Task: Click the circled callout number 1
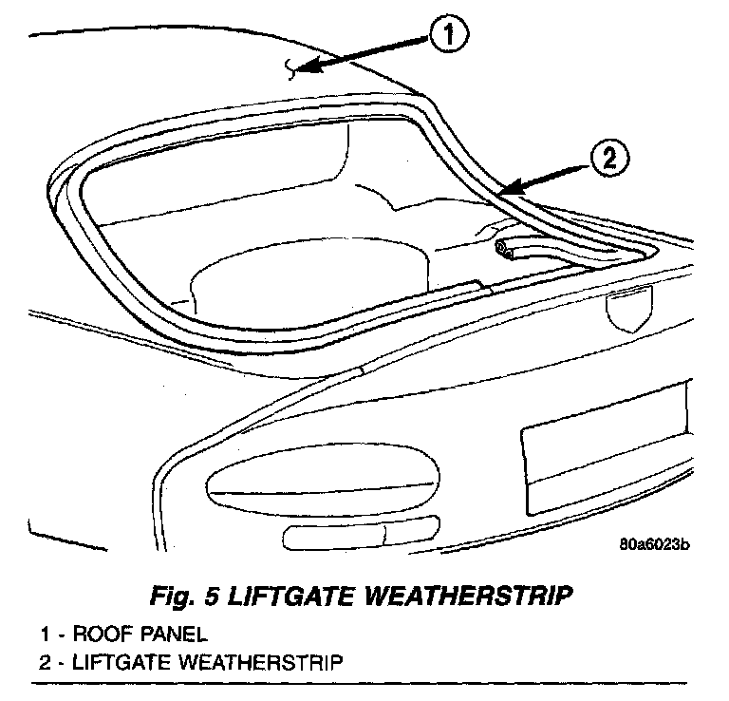click(x=448, y=38)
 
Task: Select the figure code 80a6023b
click(x=652, y=544)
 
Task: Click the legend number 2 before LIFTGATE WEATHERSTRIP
click(x=44, y=660)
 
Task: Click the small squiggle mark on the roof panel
click(x=291, y=66)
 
